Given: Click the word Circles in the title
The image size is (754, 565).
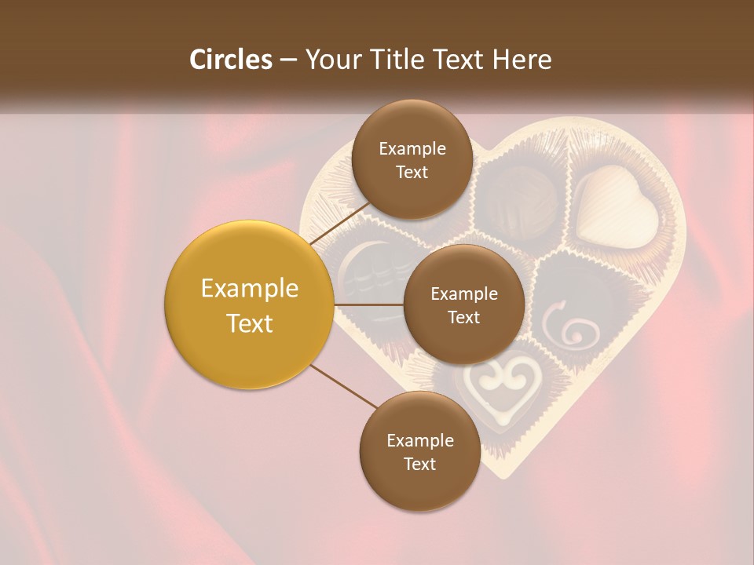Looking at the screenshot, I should pyautogui.click(x=230, y=60).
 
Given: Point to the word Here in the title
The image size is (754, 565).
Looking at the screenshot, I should pyautogui.click(x=522, y=60).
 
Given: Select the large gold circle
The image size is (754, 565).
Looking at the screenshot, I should pyautogui.click(x=250, y=305).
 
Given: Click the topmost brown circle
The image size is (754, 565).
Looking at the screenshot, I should pyautogui.click(x=412, y=160).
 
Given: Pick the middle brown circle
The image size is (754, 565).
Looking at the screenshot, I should pyautogui.click(x=463, y=304).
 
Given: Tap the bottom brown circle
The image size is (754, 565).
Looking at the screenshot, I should pyautogui.click(x=419, y=451).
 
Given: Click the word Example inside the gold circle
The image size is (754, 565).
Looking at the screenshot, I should pyautogui.click(x=250, y=289).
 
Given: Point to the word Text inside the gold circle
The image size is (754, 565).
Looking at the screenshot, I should pyautogui.click(x=250, y=323).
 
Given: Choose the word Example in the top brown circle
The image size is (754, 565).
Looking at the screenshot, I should pyautogui.click(x=412, y=149).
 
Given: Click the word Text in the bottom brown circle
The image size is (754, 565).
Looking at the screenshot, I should pyautogui.click(x=419, y=464).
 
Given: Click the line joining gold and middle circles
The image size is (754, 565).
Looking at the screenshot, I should pyautogui.click(x=369, y=304).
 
